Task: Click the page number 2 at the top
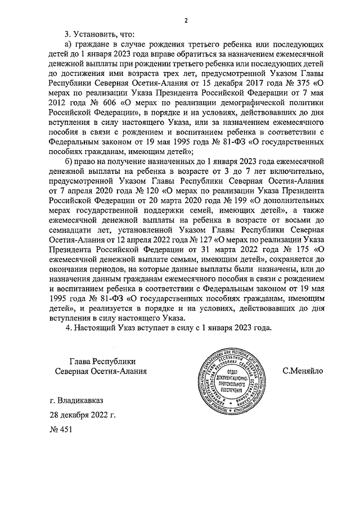pos(185,21)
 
